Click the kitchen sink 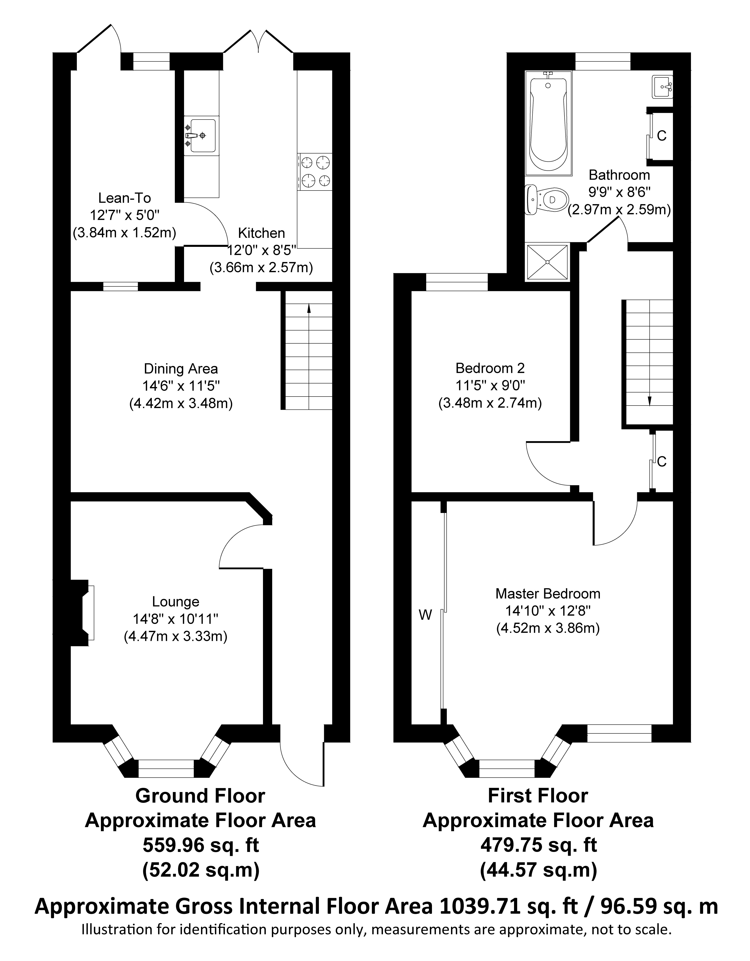(201, 135)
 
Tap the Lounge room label (176, 602)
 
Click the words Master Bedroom (548, 594)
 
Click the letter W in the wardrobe (425, 615)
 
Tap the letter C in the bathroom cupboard (661, 136)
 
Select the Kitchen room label (262, 233)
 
